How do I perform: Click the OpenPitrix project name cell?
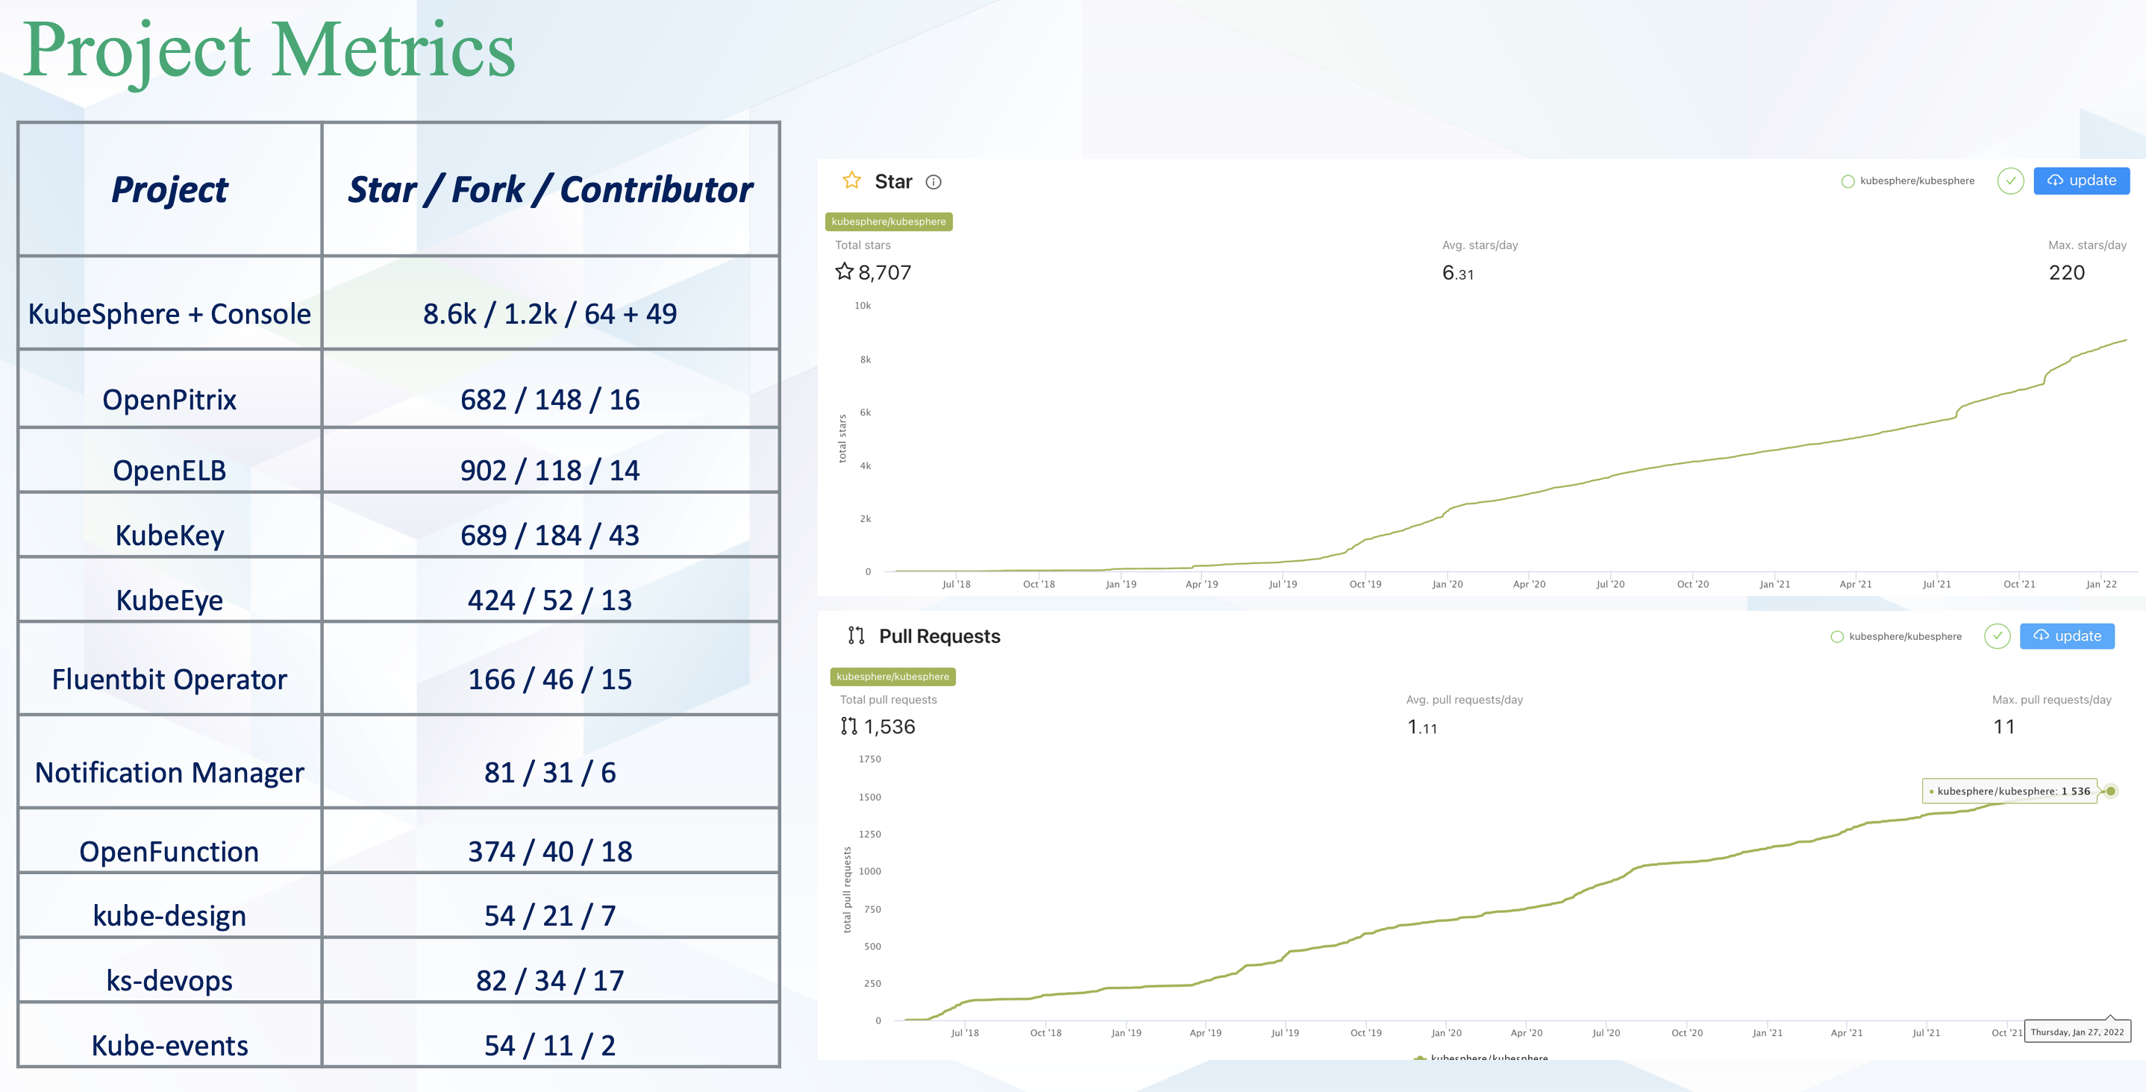[169, 400]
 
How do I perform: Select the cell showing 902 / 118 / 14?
[550, 471]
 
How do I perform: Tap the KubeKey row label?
[169, 535]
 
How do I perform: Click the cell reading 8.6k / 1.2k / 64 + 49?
[550, 314]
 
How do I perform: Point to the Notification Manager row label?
[169, 773]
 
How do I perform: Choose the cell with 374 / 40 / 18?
[550, 851]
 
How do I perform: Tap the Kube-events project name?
[169, 1045]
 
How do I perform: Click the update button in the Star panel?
[2081, 181]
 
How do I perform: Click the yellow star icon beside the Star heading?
[851, 181]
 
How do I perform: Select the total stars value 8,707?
[884, 272]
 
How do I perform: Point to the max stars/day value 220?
[2066, 272]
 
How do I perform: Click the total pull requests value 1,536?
[889, 727]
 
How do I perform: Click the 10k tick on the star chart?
[863, 306]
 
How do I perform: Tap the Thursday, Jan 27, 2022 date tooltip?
[2077, 1032]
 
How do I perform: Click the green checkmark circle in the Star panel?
[2010, 181]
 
